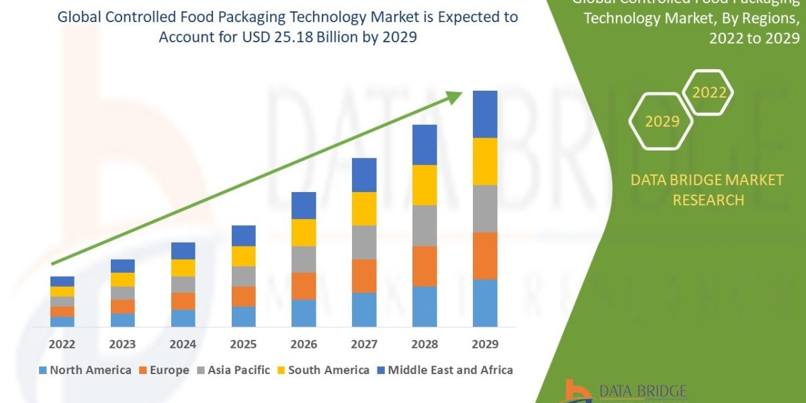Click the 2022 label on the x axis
tap(62, 345)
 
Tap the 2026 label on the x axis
tap(304, 345)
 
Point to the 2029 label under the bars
tap(485, 345)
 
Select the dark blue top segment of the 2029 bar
tap(485, 114)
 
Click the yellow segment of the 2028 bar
tap(424, 185)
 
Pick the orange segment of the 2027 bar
tap(364, 275)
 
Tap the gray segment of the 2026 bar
tap(304, 259)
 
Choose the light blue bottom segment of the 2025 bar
tap(243, 316)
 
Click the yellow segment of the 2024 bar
tap(183, 267)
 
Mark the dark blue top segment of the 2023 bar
tap(122, 265)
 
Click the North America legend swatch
tap(44, 370)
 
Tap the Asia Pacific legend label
tap(238, 370)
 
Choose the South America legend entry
tap(328, 370)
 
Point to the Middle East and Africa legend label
tap(450, 370)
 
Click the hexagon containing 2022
tap(709, 93)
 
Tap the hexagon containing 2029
tap(661, 122)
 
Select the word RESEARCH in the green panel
tap(708, 199)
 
